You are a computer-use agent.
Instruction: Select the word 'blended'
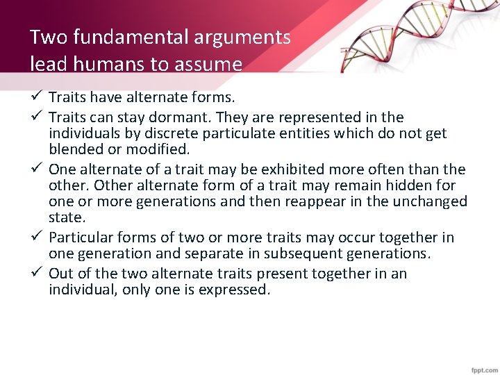tap(74, 149)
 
